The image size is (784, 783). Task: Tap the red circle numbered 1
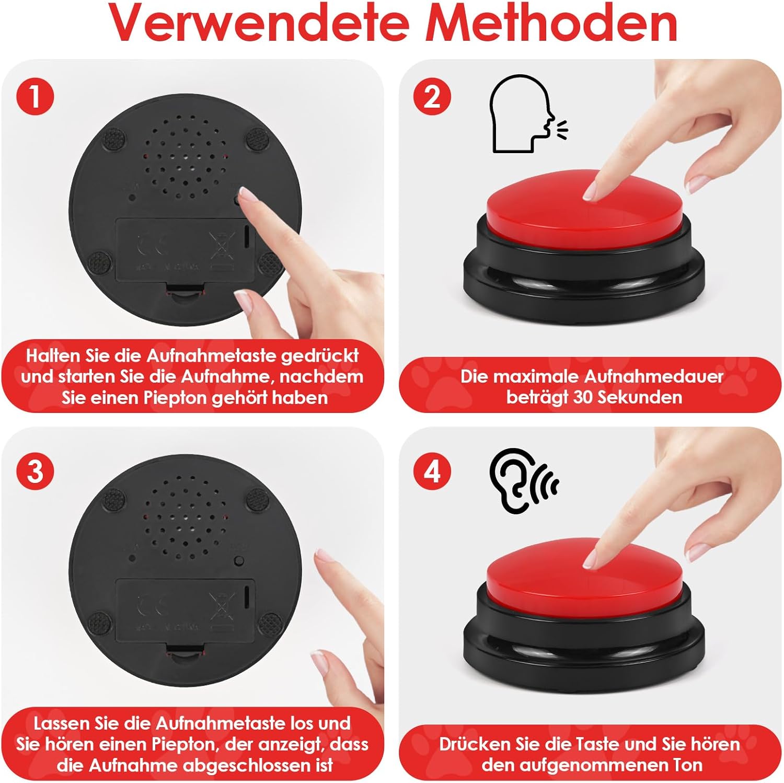click(34, 96)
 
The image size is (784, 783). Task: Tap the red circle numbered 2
click(432, 97)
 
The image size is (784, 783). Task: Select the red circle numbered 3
click(34, 471)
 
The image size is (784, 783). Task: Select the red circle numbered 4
click(432, 471)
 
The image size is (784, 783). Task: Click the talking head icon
click(528, 113)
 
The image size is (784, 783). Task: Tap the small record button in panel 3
click(239, 561)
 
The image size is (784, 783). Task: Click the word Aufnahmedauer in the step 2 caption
click(653, 377)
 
